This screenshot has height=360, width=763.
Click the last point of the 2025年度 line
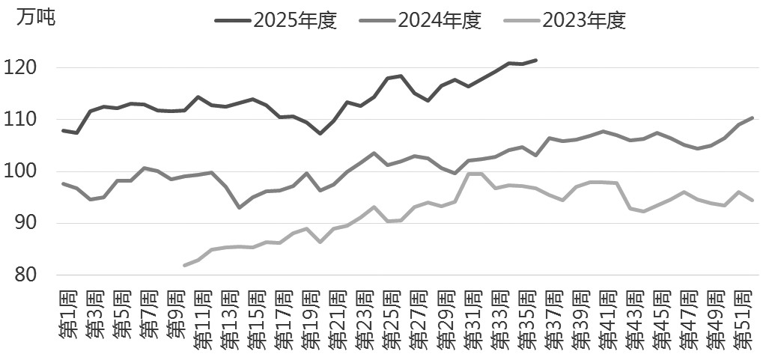tap(535, 60)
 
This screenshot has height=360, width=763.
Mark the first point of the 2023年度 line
tap(185, 265)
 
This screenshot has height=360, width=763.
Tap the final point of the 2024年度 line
tap(752, 118)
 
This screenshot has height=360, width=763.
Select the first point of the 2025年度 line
tap(63, 130)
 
